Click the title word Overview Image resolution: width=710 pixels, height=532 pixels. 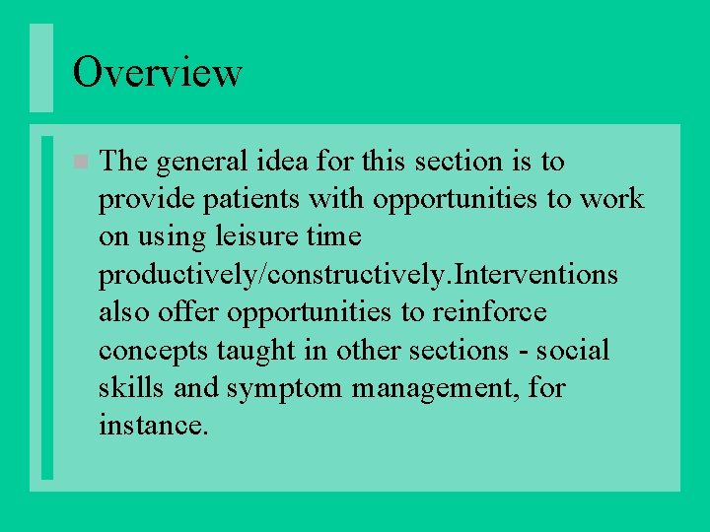pyautogui.click(x=157, y=72)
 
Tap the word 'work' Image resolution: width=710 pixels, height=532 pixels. pyautogui.click(x=610, y=199)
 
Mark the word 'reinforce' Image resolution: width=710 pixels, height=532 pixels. pyautogui.click(x=490, y=312)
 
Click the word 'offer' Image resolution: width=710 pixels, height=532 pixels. pyautogui.click(x=193, y=312)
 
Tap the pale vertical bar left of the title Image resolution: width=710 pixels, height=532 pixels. pyautogui.click(x=40, y=68)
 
